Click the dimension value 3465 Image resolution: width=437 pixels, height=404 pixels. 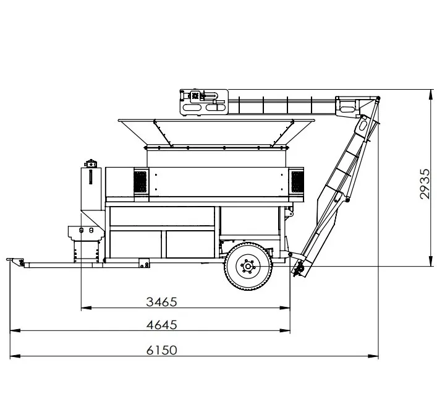click(x=162, y=302)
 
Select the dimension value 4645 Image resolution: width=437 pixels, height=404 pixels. click(x=162, y=325)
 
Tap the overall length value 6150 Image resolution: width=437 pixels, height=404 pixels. click(x=162, y=350)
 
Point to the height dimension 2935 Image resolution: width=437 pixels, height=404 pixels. click(x=425, y=184)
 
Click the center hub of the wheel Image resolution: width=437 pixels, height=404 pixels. click(x=247, y=267)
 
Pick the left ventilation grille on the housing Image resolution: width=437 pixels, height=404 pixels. click(x=140, y=182)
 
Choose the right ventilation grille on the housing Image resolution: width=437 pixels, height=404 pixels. click(x=297, y=182)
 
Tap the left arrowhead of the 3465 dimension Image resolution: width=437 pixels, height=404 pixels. click(x=86, y=308)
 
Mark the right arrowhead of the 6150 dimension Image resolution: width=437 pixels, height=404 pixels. click(x=373, y=356)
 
